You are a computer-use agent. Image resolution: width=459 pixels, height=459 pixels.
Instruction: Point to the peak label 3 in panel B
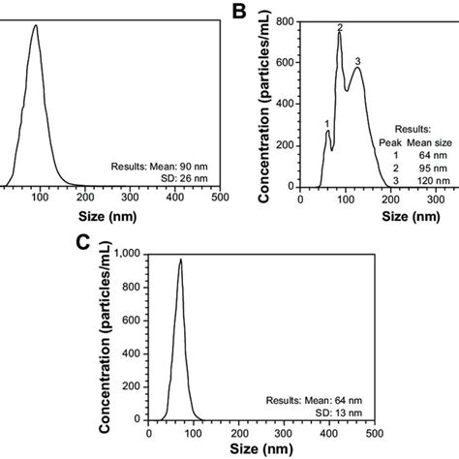click(358, 62)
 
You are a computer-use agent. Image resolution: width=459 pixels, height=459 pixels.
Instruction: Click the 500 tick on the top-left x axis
click(220, 199)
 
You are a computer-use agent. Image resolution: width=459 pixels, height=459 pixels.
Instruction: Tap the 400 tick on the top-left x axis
click(174, 199)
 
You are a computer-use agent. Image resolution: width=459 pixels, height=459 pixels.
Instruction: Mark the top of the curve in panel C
click(179, 260)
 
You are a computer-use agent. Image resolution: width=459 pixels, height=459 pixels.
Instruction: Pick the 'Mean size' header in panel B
click(430, 140)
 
